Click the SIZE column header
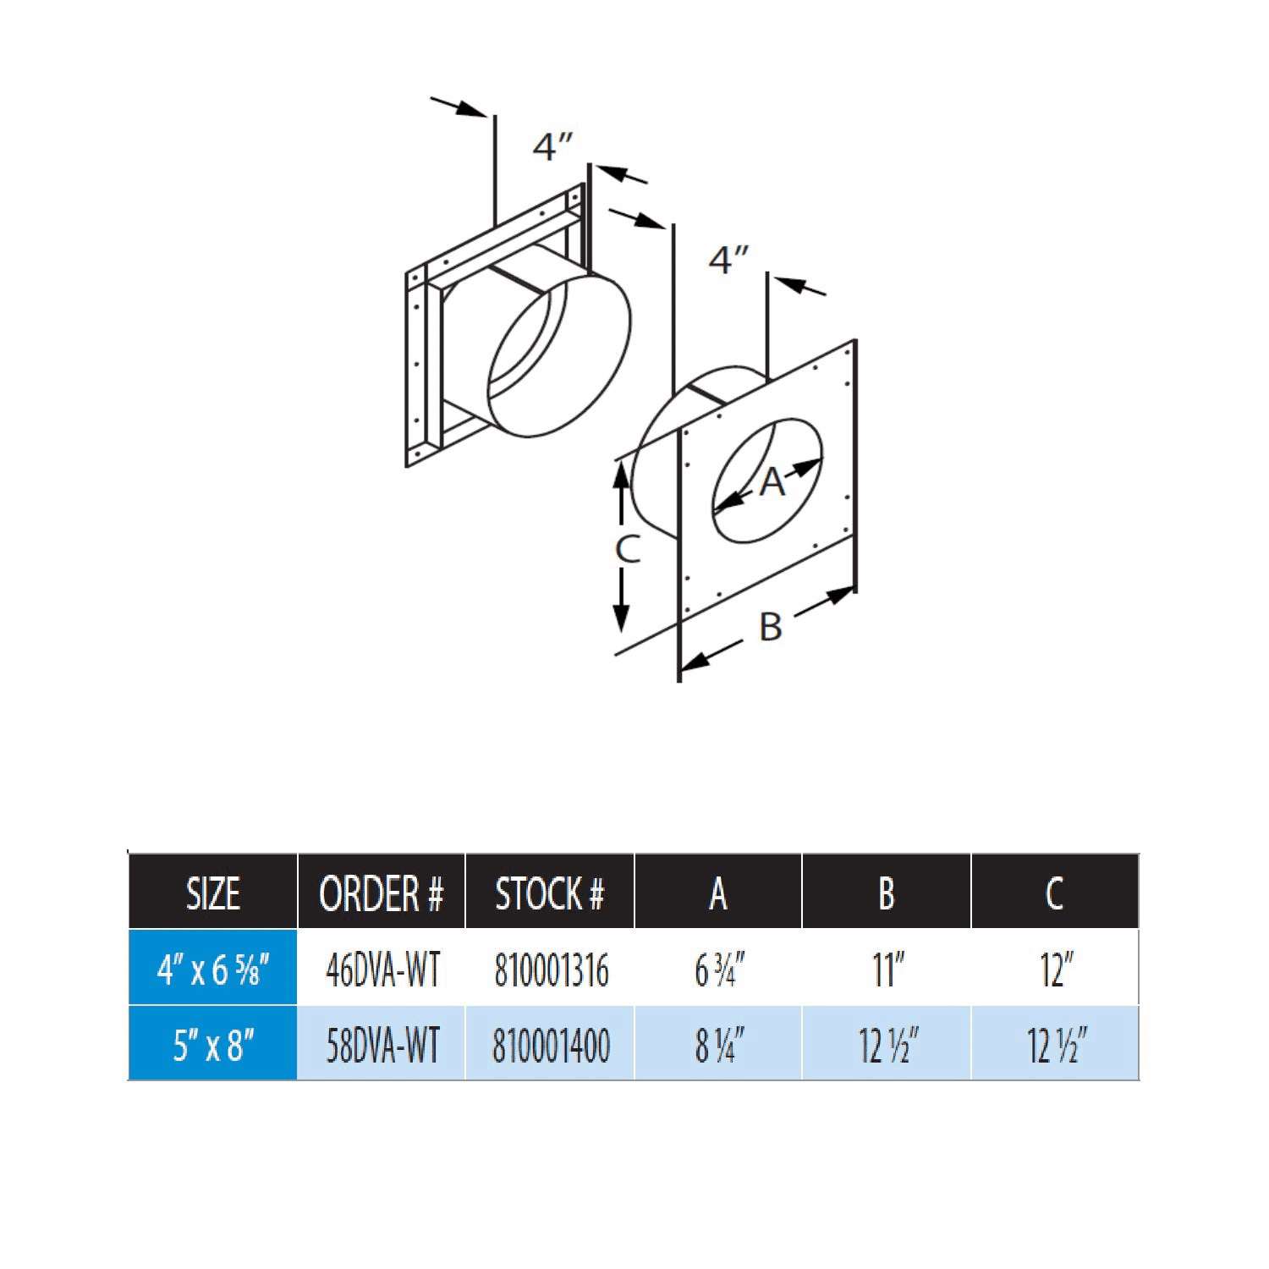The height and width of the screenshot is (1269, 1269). (x=212, y=893)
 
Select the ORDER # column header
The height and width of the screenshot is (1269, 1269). (x=381, y=893)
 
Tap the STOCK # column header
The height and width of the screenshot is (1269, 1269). (x=550, y=893)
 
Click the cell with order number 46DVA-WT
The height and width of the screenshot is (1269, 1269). (x=382, y=970)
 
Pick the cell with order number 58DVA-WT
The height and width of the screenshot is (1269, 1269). (x=382, y=1045)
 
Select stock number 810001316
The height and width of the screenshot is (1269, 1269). (x=551, y=970)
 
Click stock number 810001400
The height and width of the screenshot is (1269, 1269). (x=551, y=1045)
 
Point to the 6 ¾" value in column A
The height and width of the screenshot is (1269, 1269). (x=718, y=970)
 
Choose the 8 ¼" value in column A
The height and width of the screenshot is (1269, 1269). (x=718, y=1045)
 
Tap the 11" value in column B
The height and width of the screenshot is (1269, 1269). (x=887, y=970)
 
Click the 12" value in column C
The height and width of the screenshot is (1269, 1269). (x=1055, y=970)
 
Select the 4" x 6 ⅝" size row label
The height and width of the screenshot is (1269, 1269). (x=212, y=970)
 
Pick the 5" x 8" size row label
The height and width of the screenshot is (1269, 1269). (x=212, y=1045)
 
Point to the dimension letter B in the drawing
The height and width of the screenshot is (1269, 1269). (x=770, y=627)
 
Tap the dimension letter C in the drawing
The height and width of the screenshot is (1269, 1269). (x=627, y=550)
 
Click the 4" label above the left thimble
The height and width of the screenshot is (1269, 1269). (x=552, y=146)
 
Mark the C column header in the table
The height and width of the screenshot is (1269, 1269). (x=1055, y=893)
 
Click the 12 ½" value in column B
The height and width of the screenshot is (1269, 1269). (x=887, y=1045)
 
